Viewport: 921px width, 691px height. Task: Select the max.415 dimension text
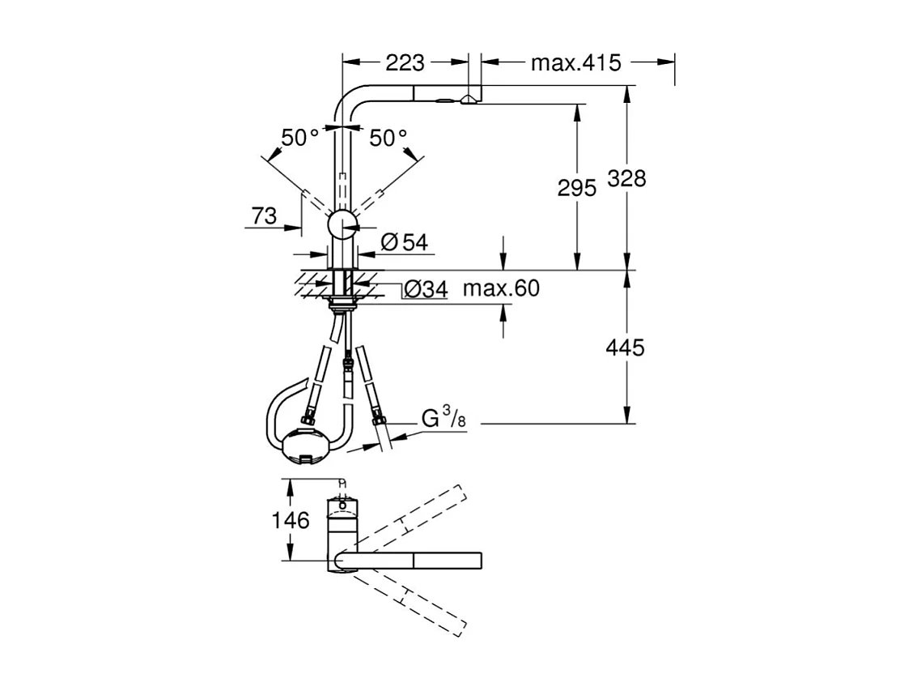(x=575, y=62)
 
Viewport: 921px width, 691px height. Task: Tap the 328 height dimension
(x=627, y=178)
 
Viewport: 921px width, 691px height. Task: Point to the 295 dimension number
(x=576, y=188)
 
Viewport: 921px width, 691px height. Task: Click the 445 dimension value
(x=626, y=348)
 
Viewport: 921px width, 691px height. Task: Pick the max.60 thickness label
(x=501, y=288)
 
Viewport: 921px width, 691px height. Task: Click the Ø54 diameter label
(x=403, y=241)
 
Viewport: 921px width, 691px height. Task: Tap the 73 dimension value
(x=264, y=216)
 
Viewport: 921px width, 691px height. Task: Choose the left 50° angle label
(x=300, y=139)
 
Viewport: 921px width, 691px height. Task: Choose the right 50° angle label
(x=388, y=139)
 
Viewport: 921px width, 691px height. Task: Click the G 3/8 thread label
(x=444, y=419)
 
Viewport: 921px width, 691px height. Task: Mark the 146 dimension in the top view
(x=290, y=520)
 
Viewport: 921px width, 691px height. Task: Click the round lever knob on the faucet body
(x=342, y=224)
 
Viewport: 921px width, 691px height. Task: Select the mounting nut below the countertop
(x=343, y=304)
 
